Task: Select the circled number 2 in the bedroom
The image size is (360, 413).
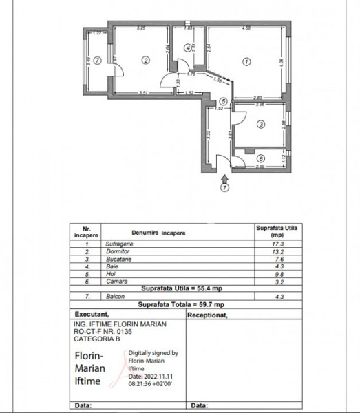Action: point(145,60)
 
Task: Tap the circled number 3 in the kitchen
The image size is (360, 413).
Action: point(260,125)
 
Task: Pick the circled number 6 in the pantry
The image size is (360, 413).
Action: point(252,158)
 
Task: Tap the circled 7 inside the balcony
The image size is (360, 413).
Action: point(98,60)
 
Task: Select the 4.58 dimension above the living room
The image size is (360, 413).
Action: point(246,28)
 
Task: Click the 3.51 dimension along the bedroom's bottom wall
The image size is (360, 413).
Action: point(144,92)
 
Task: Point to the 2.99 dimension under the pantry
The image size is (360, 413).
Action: point(261,167)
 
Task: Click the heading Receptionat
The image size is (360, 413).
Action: point(207,313)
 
